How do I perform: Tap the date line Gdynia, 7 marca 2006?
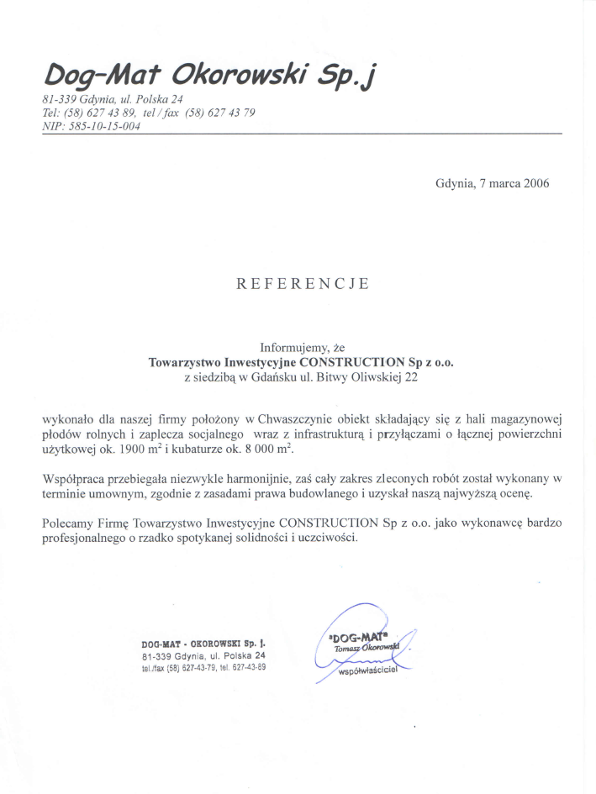pyautogui.click(x=493, y=183)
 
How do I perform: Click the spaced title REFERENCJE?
pyautogui.click(x=303, y=284)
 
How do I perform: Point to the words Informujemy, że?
pyautogui.click(x=303, y=347)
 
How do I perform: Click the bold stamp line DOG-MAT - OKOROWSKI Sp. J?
pyautogui.click(x=204, y=644)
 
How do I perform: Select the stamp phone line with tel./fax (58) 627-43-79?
pyautogui.click(x=204, y=667)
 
